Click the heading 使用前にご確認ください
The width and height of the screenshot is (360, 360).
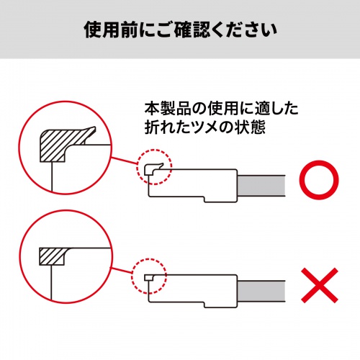(180, 31)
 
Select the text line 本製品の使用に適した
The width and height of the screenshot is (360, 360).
(221, 110)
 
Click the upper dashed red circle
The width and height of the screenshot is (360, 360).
(152, 167)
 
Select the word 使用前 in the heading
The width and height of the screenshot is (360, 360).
(104, 31)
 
